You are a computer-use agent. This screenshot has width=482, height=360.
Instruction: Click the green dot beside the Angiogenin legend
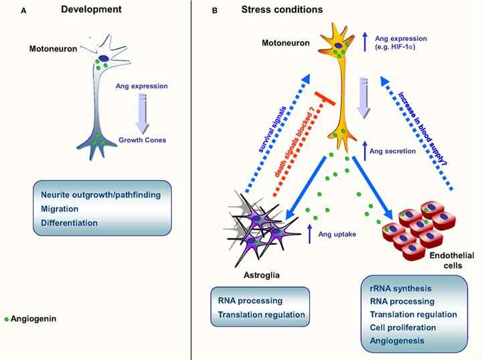coord(6,319)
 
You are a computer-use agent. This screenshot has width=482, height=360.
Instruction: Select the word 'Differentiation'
coord(70,223)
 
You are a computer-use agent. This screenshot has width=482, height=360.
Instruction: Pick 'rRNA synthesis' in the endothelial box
coord(400,288)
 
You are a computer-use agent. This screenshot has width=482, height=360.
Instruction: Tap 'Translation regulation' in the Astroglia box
coord(262,314)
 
